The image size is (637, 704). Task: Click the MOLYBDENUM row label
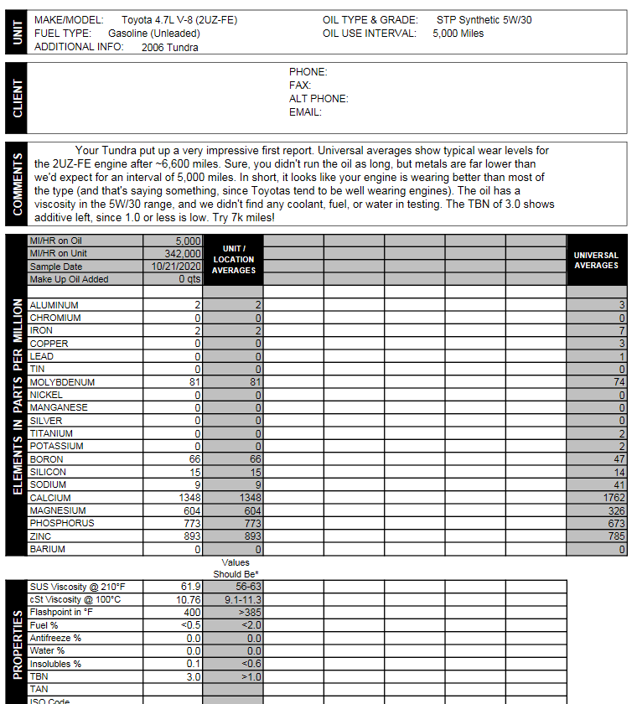(x=62, y=382)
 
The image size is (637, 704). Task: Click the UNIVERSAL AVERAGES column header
(x=597, y=260)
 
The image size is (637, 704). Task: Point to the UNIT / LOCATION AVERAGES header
(x=234, y=260)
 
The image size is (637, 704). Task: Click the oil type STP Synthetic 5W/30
(x=484, y=19)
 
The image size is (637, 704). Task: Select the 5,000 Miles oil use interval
(x=458, y=34)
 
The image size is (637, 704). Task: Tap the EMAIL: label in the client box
(x=305, y=112)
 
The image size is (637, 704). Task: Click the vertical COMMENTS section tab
(x=17, y=183)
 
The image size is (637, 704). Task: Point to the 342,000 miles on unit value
(x=183, y=254)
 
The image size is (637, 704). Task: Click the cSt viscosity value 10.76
(x=187, y=600)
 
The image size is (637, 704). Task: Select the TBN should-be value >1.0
(x=248, y=676)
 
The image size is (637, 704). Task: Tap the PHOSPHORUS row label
(x=62, y=523)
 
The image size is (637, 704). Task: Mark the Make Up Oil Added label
(x=69, y=279)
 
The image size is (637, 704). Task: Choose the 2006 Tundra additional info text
(x=170, y=48)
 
